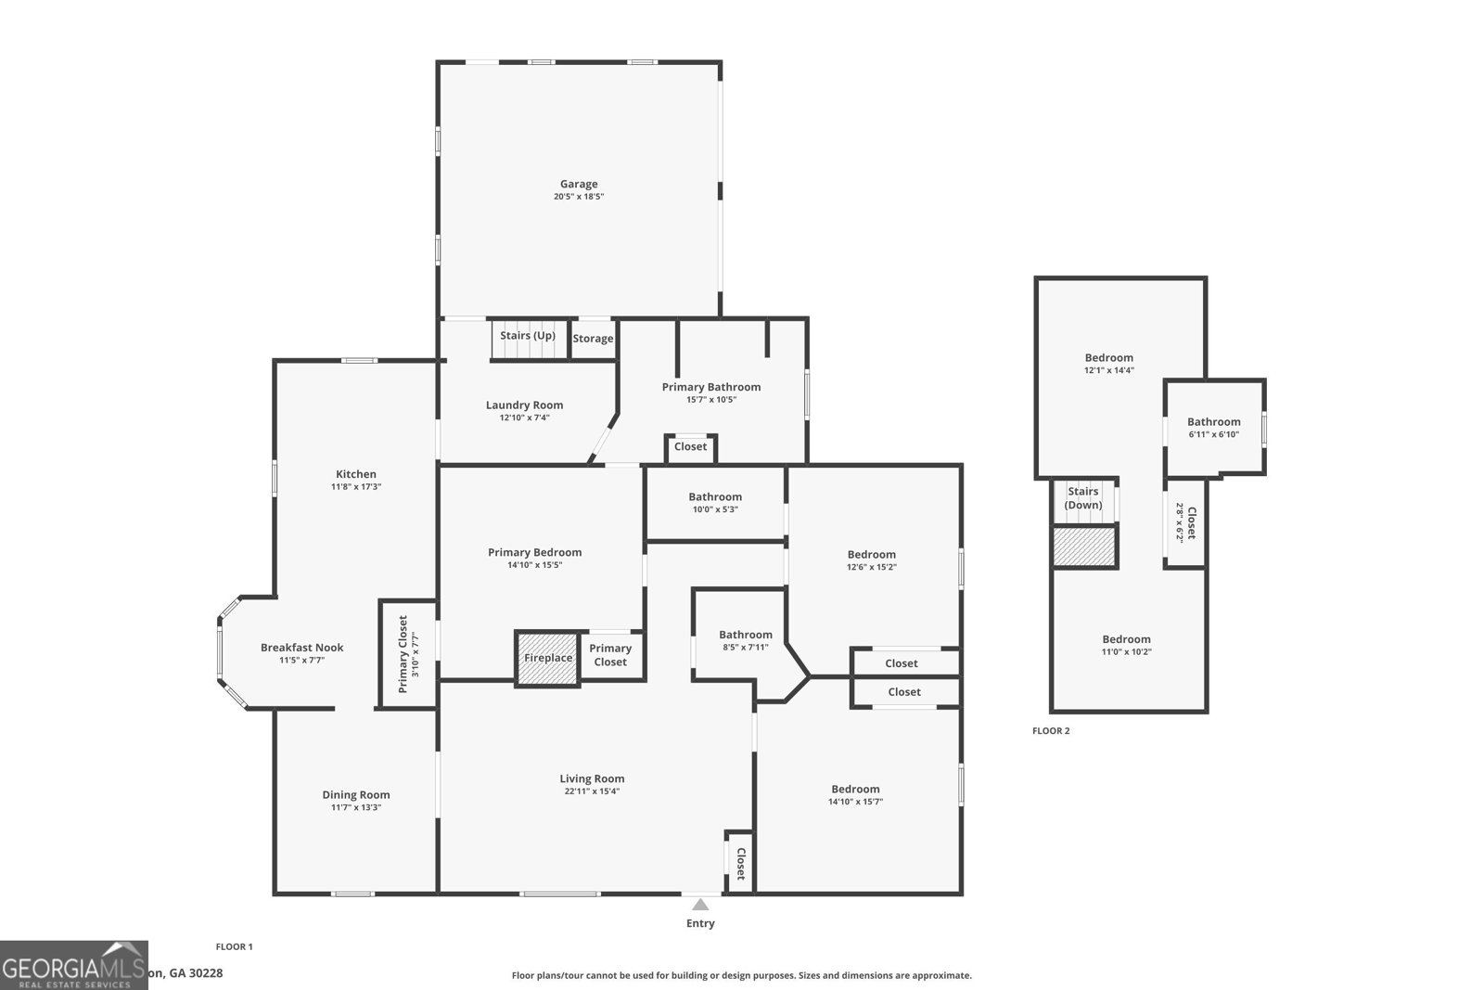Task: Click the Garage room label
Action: (578, 184)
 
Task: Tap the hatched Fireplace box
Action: (547, 659)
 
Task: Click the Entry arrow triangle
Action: (700, 905)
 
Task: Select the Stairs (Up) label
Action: (528, 336)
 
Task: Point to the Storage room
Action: (593, 339)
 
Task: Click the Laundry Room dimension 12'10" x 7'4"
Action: (524, 418)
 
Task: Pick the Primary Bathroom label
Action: (710, 387)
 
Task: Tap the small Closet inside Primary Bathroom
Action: (690, 447)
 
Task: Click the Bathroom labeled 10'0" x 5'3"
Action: (714, 502)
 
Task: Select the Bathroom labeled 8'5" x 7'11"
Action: (745, 640)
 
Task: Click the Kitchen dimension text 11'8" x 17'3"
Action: (356, 487)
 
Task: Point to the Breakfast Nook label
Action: (301, 648)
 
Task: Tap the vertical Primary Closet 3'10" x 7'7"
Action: (408, 654)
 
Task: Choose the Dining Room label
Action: (355, 794)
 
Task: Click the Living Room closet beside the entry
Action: (740, 863)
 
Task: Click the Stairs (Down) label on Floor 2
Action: (1082, 498)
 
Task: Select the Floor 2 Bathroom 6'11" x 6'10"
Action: (1213, 428)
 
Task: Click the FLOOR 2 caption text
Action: (1051, 731)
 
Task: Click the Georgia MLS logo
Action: (73, 966)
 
